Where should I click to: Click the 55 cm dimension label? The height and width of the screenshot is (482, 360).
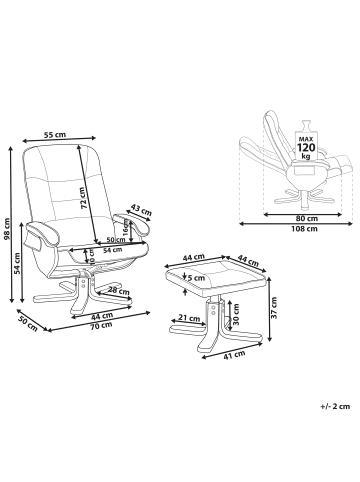tap(55, 135)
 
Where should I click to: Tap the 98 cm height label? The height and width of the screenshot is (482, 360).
tap(6, 229)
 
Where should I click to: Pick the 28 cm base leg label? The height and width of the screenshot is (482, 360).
tap(119, 291)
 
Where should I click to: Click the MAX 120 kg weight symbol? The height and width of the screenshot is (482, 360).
tap(306, 142)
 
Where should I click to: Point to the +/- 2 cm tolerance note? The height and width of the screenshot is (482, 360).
tap(335, 406)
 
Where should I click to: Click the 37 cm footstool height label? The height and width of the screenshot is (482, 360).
tap(274, 307)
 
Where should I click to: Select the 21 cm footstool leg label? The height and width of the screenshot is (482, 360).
tap(189, 318)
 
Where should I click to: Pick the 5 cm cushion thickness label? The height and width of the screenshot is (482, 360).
tap(196, 277)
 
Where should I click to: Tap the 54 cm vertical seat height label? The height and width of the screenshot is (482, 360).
tap(17, 263)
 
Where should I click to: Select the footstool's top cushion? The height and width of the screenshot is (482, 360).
tap(216, 275)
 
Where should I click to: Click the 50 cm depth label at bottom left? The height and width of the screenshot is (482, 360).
tap(28, 322)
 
